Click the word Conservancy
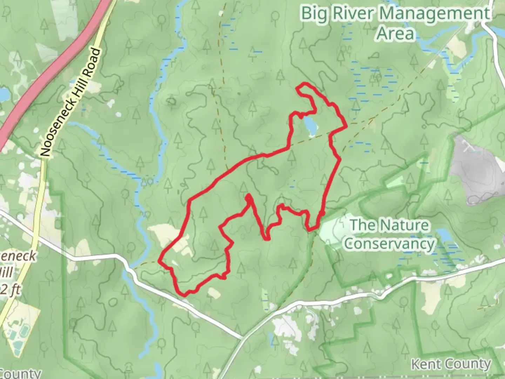point(389,244)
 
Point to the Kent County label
point(451,364)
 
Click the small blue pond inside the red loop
point(310,126)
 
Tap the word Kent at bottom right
point(425,364)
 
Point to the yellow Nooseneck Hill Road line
point(39,211)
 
